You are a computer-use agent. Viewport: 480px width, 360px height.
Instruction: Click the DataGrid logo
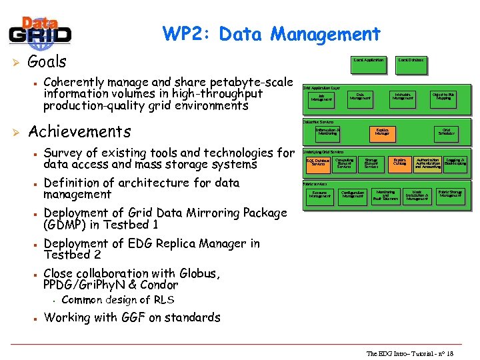(40, 31)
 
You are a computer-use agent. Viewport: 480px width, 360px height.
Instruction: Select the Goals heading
(47, 62)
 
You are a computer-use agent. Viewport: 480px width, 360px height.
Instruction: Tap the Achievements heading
(79, 131)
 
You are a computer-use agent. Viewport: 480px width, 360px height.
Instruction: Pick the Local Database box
(410, 61)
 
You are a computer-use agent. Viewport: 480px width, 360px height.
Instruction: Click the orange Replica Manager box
(382, 132)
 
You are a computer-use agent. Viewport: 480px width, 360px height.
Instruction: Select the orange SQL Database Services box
(318, 162)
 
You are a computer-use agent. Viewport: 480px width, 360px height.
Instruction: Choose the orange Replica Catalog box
(400, 162)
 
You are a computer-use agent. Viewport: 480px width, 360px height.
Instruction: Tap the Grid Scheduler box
(446, 132)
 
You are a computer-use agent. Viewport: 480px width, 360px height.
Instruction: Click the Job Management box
(321, 99)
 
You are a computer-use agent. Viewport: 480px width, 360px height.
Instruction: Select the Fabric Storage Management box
(451, 194)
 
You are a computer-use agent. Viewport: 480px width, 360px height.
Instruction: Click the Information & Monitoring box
(327, 132)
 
